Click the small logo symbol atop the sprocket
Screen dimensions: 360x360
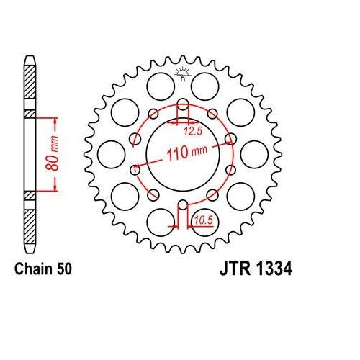[181, 72]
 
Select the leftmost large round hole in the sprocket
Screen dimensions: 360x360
[110, 153]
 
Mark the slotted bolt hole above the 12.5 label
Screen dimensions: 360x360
[181, 107]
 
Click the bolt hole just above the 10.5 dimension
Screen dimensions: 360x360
[181, 203]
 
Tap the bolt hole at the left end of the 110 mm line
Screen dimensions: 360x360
[135, 170]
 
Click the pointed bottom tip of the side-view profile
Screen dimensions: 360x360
[29, 251]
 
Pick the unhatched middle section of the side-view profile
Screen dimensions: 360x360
[29, 153]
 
